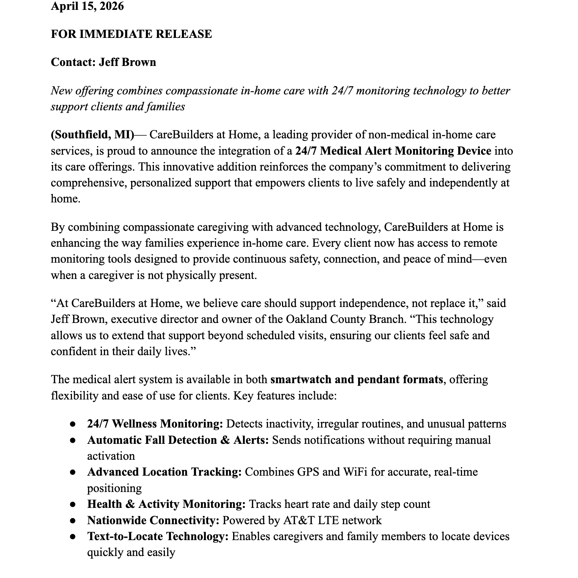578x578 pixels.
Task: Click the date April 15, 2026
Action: point(87,6)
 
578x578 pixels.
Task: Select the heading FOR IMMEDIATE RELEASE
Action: point(131,34)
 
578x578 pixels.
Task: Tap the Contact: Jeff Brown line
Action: point(103,62)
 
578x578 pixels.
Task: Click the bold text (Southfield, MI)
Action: point(92,135)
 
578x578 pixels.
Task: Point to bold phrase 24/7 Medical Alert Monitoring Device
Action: point(393,151)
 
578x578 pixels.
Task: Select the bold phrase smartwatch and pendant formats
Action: point(356,379)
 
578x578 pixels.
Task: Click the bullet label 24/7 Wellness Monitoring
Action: point(155,424)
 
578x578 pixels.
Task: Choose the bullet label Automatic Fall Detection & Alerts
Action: point(178,440)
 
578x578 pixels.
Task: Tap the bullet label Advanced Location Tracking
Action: point(164,472)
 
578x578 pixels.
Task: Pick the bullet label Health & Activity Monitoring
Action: point(166,504)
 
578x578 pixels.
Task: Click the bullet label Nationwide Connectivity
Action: point(153,520)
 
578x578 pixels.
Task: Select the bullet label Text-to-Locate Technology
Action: point(158,536)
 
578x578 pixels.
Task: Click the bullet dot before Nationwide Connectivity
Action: point(72,521)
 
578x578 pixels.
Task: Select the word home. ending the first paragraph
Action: point(66,199)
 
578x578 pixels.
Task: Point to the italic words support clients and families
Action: point(117,107)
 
